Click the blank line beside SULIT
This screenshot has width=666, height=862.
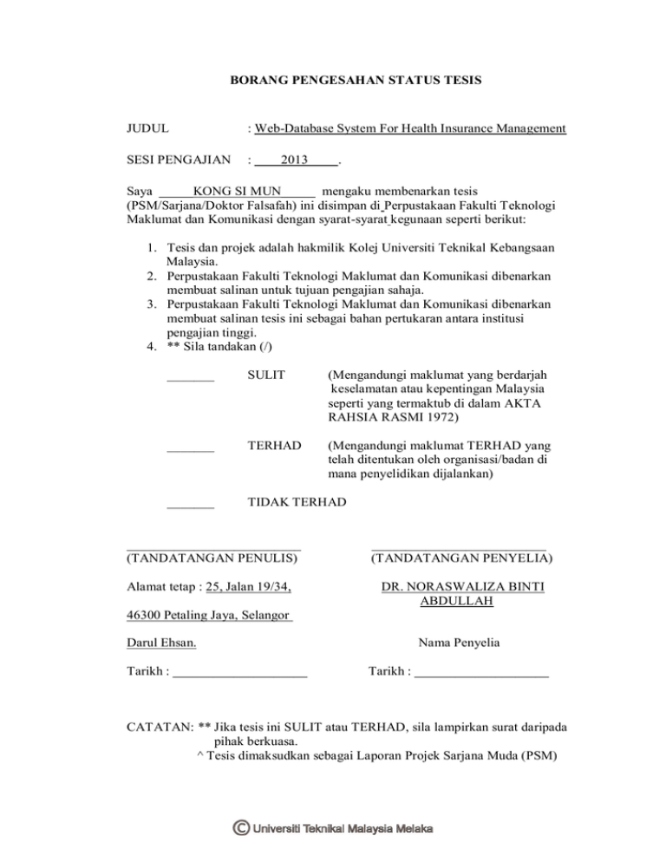tap(190, 379)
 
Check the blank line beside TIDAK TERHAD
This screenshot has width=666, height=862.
tap(190, 507)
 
